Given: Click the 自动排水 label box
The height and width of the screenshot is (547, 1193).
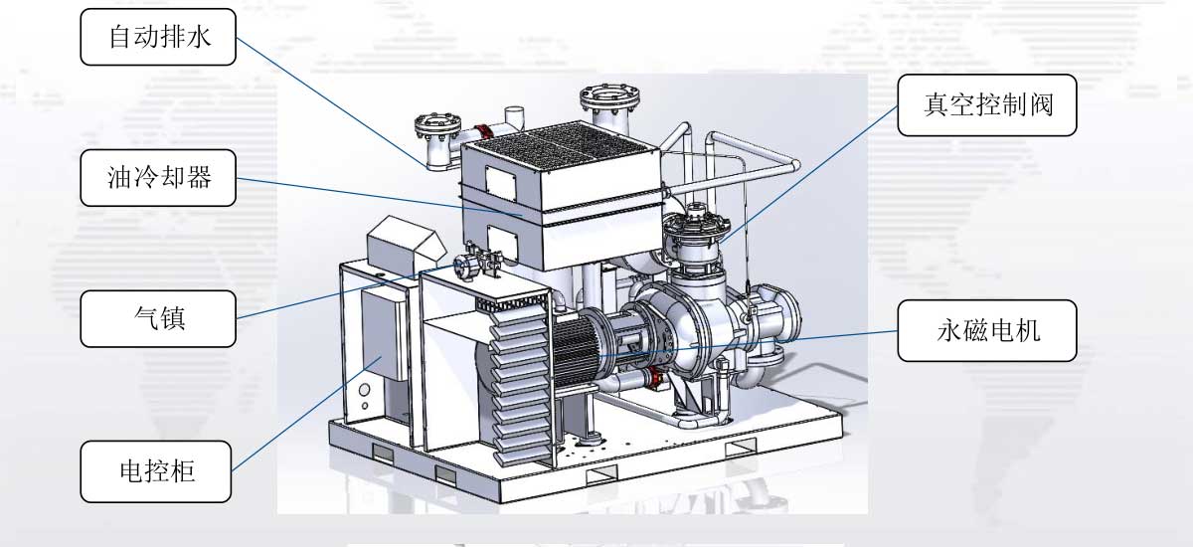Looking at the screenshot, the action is coord(158,37).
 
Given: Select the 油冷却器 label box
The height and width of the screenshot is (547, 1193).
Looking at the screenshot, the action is coord(158,177).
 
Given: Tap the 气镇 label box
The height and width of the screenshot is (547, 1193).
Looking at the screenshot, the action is coord(158,318).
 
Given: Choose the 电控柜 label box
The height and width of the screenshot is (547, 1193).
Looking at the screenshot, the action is coord(156,471).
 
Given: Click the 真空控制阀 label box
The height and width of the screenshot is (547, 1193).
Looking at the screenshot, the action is coord(987,105).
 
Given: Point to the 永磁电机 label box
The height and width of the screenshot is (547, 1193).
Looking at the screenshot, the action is coord(987,330).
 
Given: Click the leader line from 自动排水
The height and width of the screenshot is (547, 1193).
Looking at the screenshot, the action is coord(331,102).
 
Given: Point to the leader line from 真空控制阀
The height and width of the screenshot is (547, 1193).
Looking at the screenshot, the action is coord(808,175).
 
